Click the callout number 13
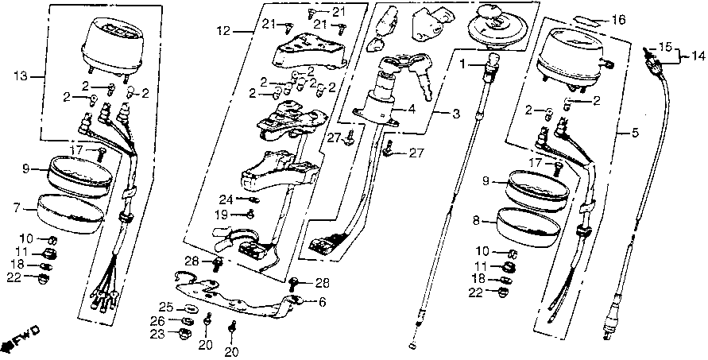tap(19, 76)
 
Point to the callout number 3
tap(456, 114)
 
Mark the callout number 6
tap(323, 302)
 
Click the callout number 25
tap(164, 307)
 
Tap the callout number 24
tap(226, 199)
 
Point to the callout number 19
tap(226, 215)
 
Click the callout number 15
tap(664, 46)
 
